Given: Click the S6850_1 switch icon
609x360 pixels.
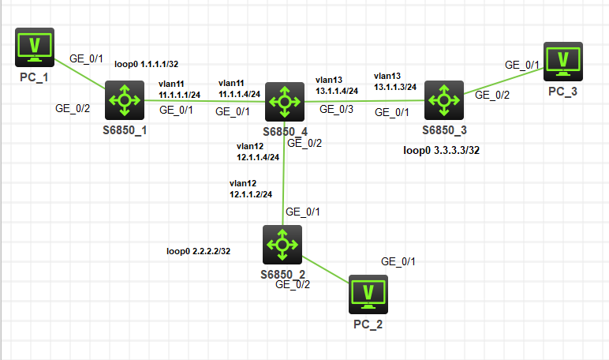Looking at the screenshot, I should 125,99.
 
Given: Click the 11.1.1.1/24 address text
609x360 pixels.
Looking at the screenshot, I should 179,95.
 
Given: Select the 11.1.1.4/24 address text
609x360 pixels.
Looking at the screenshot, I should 239,94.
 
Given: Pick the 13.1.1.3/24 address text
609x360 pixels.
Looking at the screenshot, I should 395,87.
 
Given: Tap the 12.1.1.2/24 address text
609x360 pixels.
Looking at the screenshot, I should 251,193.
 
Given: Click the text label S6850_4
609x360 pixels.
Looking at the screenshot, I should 282,129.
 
